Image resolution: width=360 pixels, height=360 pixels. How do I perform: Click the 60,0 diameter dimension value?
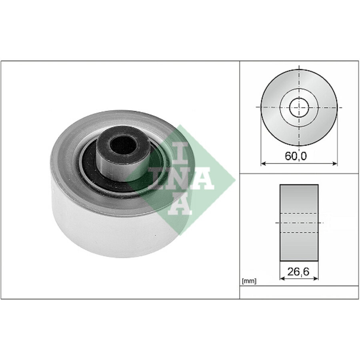296,156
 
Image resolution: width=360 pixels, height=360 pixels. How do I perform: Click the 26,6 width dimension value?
299,272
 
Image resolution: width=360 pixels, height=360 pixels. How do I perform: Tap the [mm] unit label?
249,281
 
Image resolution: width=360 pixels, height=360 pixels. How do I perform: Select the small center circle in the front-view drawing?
299,107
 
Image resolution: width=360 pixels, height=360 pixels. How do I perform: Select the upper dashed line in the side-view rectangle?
299,213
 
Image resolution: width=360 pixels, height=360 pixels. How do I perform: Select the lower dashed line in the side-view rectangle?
299,232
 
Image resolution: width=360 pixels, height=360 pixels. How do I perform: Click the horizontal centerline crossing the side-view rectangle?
299,222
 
